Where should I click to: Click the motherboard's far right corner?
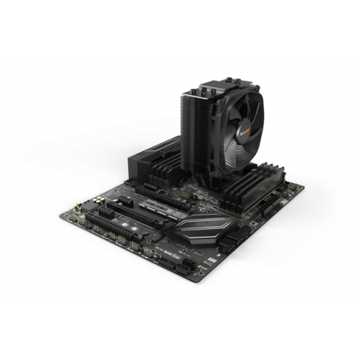pos(305,186)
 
